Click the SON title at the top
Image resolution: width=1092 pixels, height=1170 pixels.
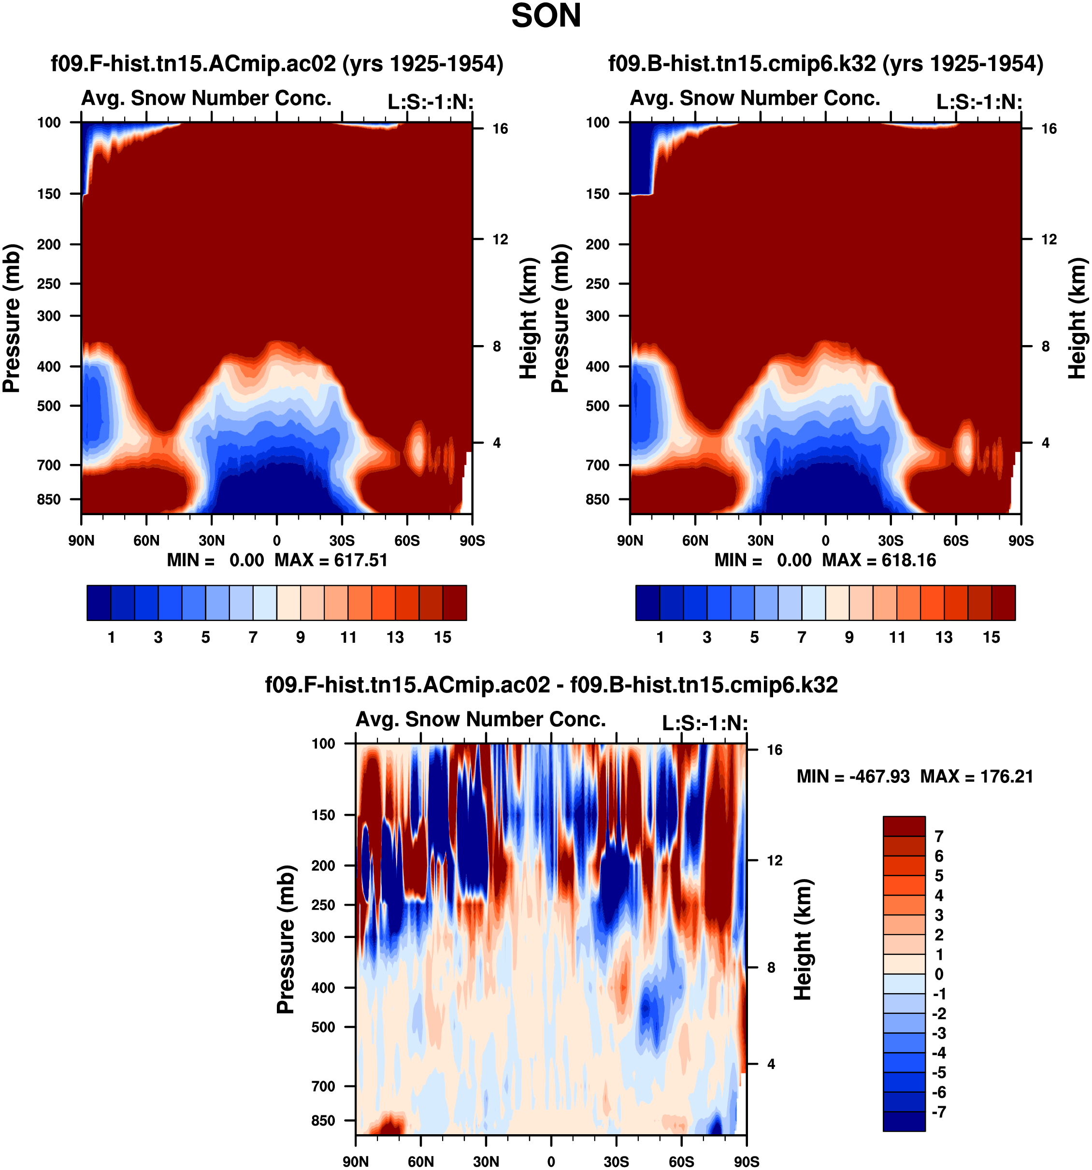click(x=546, y=16)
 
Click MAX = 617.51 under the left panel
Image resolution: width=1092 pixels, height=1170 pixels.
click(x=331, y=560)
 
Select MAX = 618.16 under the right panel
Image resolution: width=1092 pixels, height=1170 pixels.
click(x=879, y=560)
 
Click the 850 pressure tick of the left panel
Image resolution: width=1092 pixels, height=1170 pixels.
click(x=49, y=499)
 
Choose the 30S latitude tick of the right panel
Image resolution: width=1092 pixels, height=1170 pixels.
click(x=891, y=540)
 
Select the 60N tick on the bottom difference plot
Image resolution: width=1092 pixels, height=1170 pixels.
click(x=421, y=1161)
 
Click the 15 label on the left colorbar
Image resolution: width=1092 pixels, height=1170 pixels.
click(x=443, y=637)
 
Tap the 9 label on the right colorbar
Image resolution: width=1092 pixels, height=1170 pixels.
click(x=849, y=637)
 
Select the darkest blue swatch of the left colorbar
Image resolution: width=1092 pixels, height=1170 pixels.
click(x=98, y=602)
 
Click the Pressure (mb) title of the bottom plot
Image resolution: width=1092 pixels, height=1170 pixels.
click(x=286, y=939)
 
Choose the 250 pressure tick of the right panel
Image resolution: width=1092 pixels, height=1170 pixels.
click(x=598, y=284)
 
